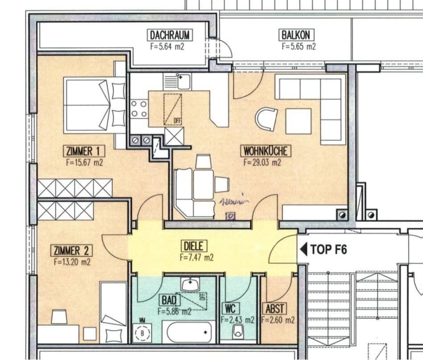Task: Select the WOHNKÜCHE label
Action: pyautogui.click(x=265, y=151)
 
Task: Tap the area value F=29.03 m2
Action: pyautogui.click(x=262, y=163)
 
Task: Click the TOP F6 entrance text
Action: pyautogui.click(x=329, y=249)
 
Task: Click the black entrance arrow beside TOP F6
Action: pyautogui.click(x=304, y=249)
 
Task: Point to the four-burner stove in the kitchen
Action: pyautogui.click(x=139, y=108)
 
